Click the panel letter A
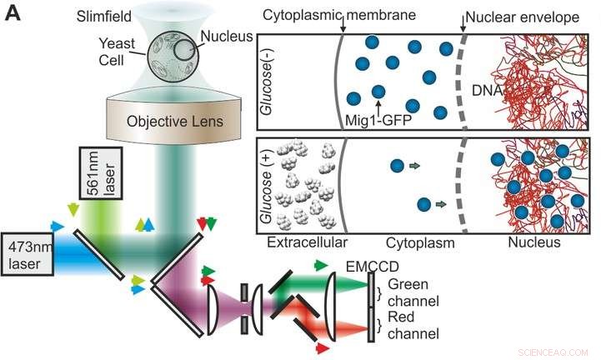[14, 15]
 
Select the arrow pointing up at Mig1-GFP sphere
[379, 105]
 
